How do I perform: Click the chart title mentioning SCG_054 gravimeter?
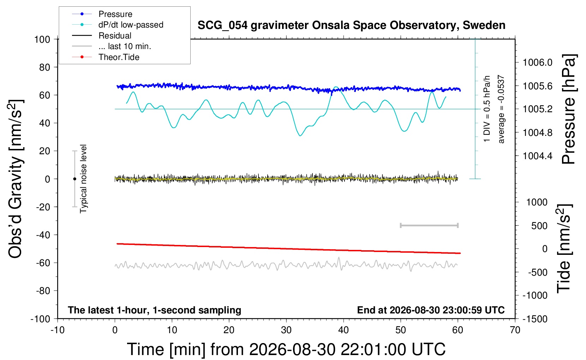tap(351, 25)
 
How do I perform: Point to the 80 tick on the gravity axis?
tap(44, 67)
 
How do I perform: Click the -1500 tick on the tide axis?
tap(535, 319)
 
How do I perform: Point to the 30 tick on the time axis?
tap(286, 330)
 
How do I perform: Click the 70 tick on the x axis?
tap(515, 330)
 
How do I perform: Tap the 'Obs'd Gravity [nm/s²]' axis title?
tap(16, 179)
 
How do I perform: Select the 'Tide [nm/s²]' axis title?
tap(564, 249)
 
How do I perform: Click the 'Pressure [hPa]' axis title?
tap(569, 109)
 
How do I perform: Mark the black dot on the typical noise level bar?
tap(74, 179)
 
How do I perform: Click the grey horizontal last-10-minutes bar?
tap(429, 226)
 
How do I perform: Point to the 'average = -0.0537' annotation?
tap(501, 109)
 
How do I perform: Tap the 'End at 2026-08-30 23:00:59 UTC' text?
tap(431, 310)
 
